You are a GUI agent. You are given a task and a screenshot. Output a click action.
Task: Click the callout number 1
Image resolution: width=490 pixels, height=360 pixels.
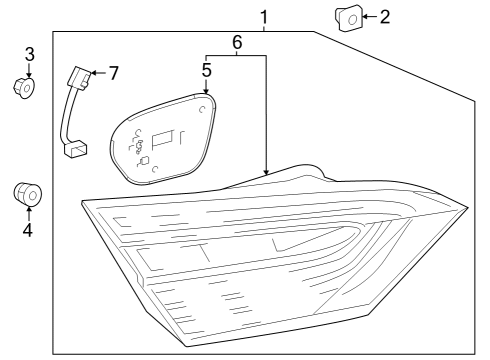[264, 17]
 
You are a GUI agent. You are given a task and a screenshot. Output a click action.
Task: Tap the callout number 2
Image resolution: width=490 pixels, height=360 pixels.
[385, 16]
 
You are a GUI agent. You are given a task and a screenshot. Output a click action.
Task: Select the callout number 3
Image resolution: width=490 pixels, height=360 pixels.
[29, 53]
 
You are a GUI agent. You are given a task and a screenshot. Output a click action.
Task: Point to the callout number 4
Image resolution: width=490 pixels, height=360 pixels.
[28, 230]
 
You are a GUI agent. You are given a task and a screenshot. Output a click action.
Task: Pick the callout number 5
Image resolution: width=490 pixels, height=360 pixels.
[207, 71]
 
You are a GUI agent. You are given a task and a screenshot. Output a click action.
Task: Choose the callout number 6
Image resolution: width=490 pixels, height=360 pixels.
[236, 42]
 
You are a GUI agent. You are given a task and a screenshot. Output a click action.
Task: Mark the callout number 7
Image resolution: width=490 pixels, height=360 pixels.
[113, 72]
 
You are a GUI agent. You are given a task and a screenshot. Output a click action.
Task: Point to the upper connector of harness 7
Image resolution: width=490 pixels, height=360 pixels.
[75, 78]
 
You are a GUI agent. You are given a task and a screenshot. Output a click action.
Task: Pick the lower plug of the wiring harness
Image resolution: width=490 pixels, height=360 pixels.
[75, 150]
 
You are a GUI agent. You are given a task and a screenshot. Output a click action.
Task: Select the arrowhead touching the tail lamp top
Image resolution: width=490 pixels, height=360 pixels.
[265, 172]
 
